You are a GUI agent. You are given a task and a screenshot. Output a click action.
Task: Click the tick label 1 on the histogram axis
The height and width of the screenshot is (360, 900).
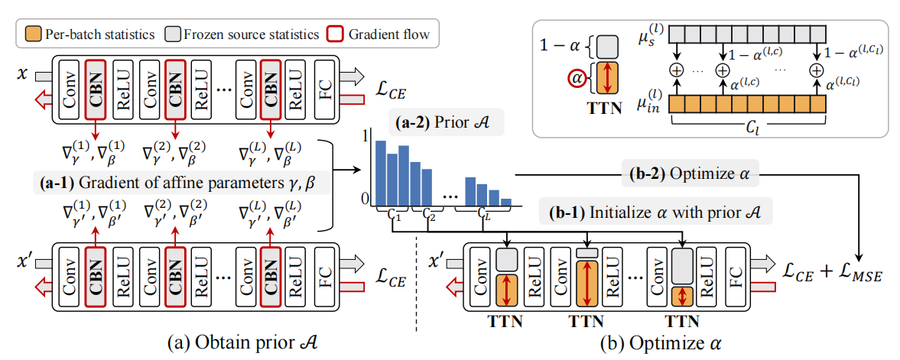366,136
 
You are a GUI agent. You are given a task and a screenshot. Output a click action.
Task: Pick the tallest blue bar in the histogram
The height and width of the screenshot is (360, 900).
380,173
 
